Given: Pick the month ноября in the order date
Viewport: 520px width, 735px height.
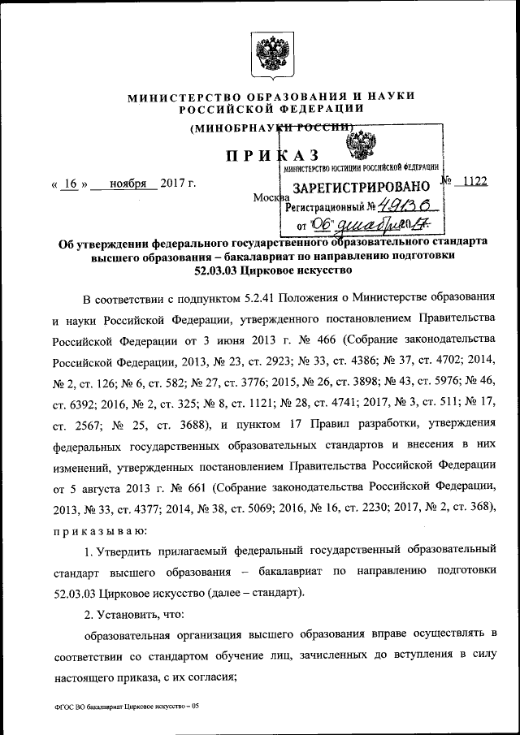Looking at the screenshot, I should point(123,184).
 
